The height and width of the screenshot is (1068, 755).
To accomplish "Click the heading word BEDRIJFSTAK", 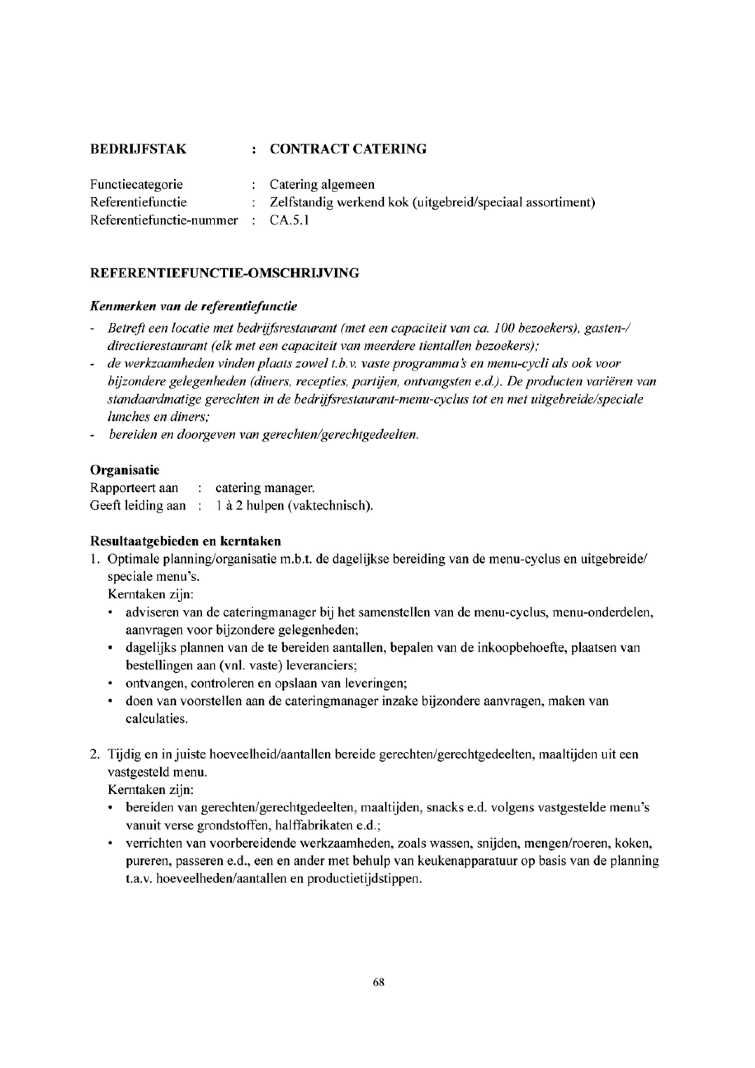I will [x=138, y=149].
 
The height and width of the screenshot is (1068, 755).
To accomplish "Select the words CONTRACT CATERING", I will [x=348, y=149].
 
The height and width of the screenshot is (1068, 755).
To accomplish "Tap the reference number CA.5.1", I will [x=289, y=220].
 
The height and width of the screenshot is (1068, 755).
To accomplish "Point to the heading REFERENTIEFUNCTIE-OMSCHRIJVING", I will [x=224, y=274].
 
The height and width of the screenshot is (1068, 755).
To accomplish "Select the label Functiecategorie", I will [x=136, y=184].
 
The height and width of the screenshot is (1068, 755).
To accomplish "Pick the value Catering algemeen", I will [x=322, y=184].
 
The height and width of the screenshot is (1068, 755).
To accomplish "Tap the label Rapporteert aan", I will [x=134, y=488].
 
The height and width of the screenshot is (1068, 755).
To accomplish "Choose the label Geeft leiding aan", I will [x=138, y=506].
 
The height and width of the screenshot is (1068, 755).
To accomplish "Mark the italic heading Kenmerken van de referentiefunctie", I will [x=193, y=307].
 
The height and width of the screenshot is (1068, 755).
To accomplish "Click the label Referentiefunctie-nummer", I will [x=164, y=220].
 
